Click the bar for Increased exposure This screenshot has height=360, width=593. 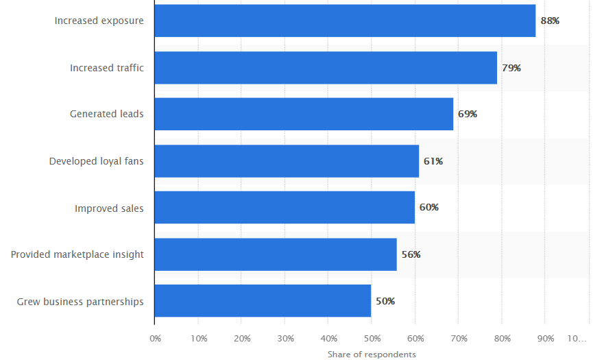(345, 21)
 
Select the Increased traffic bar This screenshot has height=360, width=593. (326, 68)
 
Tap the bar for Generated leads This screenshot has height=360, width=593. (304, 114)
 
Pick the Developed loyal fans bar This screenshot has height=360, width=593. (287, 161)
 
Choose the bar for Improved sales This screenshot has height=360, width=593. (285, 207)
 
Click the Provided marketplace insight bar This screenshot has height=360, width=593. (276, 254)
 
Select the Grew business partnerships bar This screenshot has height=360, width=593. (263, 301)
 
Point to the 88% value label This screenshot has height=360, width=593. (550, 21)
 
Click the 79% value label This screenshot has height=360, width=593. (511, 68)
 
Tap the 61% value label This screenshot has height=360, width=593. (433, 161)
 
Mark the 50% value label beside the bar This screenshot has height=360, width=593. (385, 301)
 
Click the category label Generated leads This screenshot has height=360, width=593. (107, 114)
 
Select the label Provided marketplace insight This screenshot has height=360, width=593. (77, 254)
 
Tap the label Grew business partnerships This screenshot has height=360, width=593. (80, 301)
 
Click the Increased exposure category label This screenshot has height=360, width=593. (99, 21)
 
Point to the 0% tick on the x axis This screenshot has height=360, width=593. (156, 338)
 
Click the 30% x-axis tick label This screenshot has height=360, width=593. (285, 338)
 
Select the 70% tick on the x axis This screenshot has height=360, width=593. (459, 338)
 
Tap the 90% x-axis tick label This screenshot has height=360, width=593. (546, 338)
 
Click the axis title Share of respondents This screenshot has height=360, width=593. (372, 354)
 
